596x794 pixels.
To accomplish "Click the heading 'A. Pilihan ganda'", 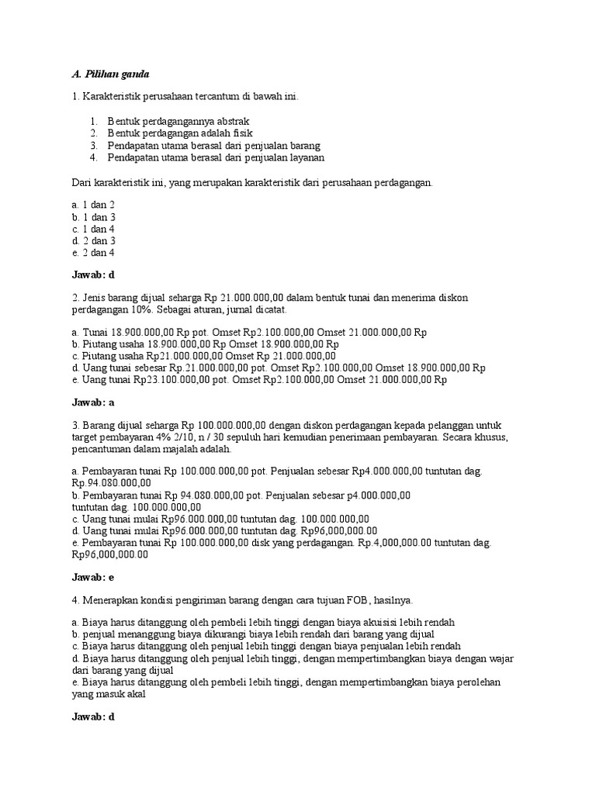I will [x=109, y=74].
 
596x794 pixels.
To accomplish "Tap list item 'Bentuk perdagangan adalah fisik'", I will [x=180, y=133].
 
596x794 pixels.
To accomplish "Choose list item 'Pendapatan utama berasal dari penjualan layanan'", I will [x=215, y=157].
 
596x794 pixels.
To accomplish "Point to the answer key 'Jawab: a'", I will [x=92, y=403].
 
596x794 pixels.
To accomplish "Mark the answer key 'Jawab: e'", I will [x=92, y=578].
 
